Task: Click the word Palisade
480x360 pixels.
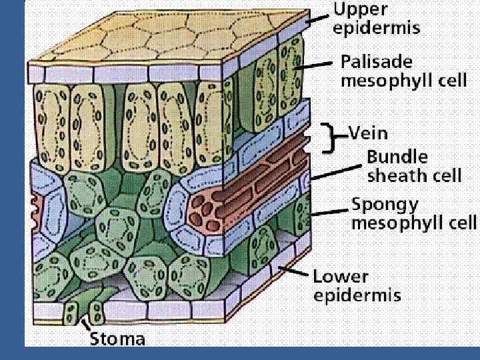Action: click(377, 63)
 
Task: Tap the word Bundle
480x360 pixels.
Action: click(397, 157)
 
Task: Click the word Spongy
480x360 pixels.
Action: click(387, 203)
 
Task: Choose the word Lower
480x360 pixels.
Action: click(341, 276)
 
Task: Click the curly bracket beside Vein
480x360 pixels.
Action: click(328, 137)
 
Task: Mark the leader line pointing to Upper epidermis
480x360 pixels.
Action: click(319, 18)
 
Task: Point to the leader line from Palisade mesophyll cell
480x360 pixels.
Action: click(316, 65)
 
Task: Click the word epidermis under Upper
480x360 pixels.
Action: click(377, 29)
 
